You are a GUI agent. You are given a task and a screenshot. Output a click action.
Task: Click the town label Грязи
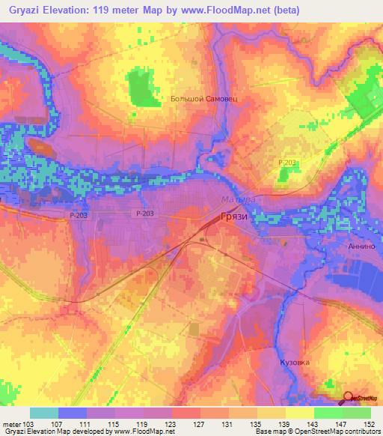[233, 216]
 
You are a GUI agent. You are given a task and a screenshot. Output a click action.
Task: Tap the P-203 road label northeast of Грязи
[287, 162]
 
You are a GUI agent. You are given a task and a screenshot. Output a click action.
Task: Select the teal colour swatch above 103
[44, 413]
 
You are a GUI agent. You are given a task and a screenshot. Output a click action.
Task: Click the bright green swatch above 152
[357, 413]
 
